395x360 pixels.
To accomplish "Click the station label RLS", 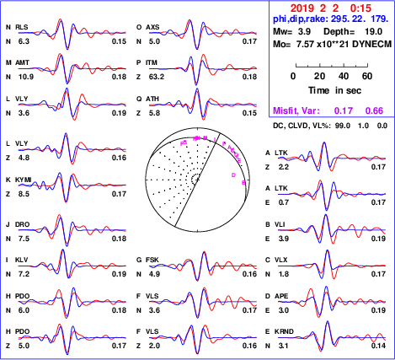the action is [22, 27].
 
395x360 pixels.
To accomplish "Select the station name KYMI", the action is [24, 180].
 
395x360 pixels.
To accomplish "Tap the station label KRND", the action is [284, 331].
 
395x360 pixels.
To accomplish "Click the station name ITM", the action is [152, 62].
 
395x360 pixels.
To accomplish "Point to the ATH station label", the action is [152, 99].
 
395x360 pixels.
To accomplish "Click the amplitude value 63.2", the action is [157, 77].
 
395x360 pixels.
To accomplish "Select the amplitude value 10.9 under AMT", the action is [26, 77].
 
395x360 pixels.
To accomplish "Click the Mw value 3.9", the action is [304, 31].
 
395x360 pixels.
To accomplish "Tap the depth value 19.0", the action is [373, 31].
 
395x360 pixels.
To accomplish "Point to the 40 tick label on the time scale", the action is [344, 76].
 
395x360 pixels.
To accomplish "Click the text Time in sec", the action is [334, 90].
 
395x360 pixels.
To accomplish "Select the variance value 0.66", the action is [374, 110].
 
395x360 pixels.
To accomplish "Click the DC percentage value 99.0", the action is [342, 126].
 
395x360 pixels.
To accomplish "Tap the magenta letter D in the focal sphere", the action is [233, 175].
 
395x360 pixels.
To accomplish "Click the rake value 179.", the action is [380, 19].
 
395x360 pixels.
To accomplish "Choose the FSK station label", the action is [152, 260].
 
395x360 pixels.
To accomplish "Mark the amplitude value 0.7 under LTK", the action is [283, 202].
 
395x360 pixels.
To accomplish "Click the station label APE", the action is [281, 296].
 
